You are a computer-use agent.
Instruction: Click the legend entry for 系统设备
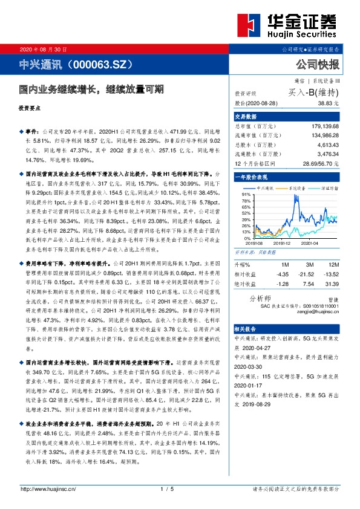coord(296,189)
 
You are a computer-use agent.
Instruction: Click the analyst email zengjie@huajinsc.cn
coord(319,311)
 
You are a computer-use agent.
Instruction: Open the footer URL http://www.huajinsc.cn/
coord(48,488)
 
